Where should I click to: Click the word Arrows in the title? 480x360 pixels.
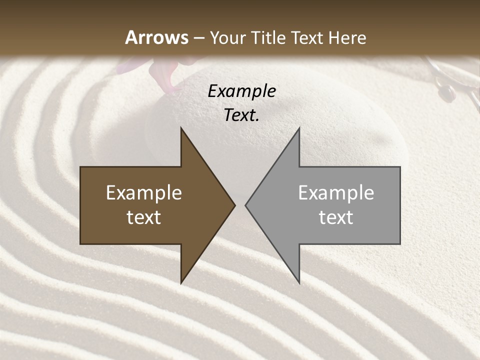tap(156, 37)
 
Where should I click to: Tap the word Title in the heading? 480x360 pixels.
tap(268, 38)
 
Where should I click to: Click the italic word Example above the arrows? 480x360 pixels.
tap(241, 91)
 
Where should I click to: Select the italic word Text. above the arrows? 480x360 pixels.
tap(241, 115)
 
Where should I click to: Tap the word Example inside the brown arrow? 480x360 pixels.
tap(144, 193)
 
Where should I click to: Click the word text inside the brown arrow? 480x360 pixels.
tap(144, 217)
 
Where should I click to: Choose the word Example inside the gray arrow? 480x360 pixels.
tap(336, 193)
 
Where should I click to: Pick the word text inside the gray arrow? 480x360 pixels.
tap(336, 217)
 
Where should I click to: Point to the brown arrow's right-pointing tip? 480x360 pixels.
tap(234, 205)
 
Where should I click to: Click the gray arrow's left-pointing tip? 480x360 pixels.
tap(246, 205)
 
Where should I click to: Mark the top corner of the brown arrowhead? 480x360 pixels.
tap(181, 128)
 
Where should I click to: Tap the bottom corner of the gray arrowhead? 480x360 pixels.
tap(299, 282)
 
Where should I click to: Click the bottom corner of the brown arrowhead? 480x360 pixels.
tap(181, 282)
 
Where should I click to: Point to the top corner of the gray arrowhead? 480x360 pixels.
tap(299, 128)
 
